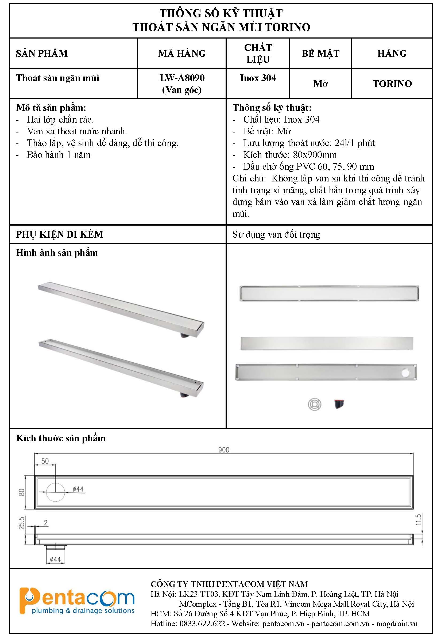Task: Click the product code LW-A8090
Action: [182, 78]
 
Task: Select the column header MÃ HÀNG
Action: [182, 54]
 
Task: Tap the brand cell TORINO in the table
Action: [392, 83]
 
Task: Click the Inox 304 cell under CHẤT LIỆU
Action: [258, 78]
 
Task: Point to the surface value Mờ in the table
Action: [320, 83]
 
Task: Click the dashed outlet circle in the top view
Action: [55, 492]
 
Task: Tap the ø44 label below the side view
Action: [55, 559]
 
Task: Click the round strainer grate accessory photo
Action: [315, 404]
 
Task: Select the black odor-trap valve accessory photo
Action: [339, 404]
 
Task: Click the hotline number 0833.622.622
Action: [202, 623]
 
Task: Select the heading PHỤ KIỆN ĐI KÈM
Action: [60, 234]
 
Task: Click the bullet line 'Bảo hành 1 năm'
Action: [59, 155]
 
